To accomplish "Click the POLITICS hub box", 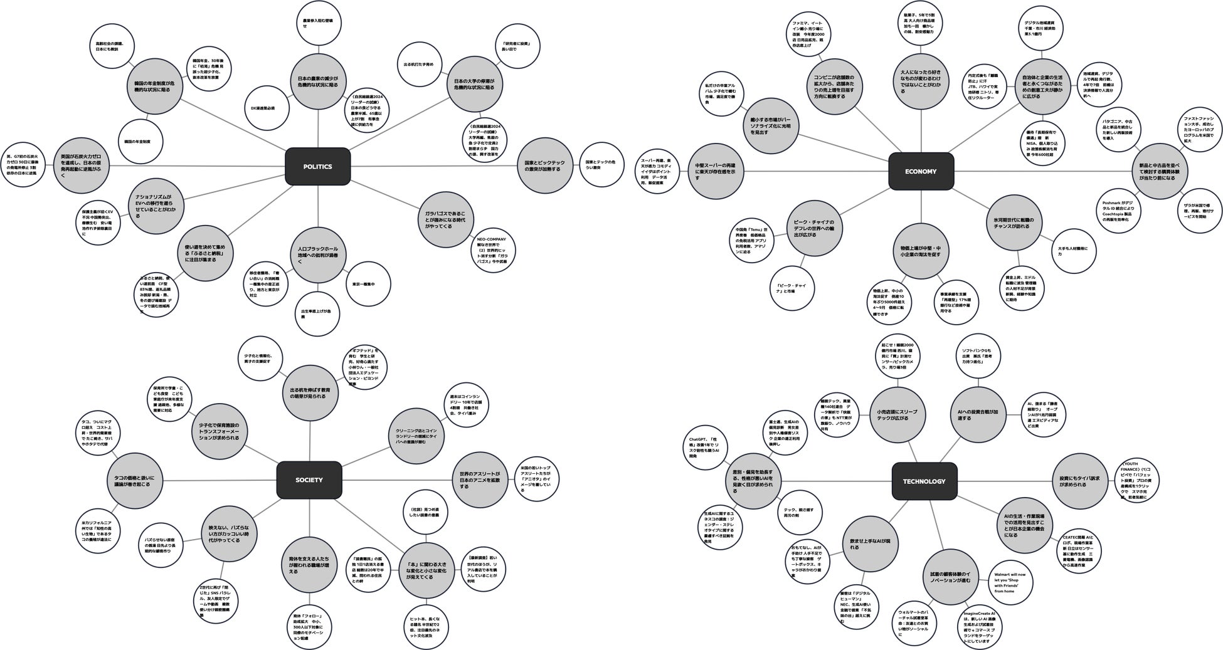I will [x=317, y=167].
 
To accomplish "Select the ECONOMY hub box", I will [x=921, y=171].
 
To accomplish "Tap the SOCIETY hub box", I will [x=309, y=480].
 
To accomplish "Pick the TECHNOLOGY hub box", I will [x=924, y=481].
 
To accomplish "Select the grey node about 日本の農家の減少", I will [x=318, y=81].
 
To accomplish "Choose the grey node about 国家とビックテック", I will [x=544, y=166].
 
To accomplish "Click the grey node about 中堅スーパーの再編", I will [x=715, y=171].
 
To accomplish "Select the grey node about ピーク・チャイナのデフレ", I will [x=813, y=228].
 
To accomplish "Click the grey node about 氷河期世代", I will [x=1014, y=223].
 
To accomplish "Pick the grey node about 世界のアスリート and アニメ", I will [x=480, y=480].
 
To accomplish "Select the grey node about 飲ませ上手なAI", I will [x=870, y=544].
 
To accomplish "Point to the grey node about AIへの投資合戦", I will [x=977, y=414].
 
